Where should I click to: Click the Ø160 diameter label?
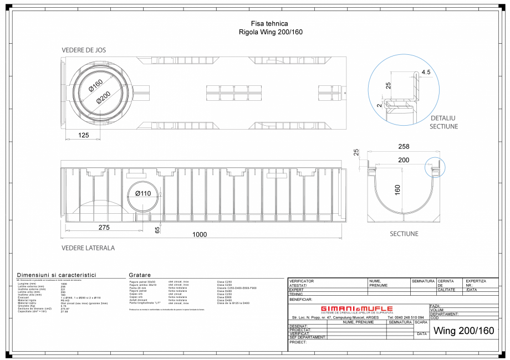coord(96,86)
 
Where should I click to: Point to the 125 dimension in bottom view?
coord(84,135)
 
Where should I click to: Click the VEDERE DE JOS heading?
coord(84,50)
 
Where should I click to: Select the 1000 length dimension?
coord(200,235)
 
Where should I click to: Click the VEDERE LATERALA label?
coord(88,248)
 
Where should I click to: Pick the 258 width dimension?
coord(404,146)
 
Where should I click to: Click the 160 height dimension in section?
coord(397,189)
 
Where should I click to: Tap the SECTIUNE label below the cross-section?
coord(404,234)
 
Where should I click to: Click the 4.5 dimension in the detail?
coord(426,72)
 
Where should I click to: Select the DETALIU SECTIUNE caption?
coord(443,122)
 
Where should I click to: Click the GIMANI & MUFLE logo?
coord(357,308)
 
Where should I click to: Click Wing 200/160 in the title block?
coord(463,331)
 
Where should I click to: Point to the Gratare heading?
coord(140,275)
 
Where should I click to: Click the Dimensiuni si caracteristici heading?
coord(57,275)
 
